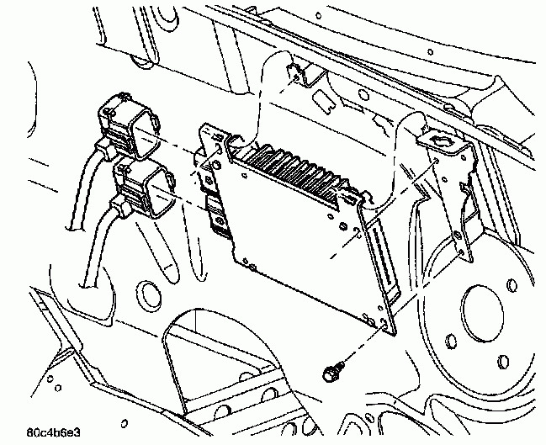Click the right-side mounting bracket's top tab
point(442,136)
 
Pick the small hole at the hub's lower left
point(452,340)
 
